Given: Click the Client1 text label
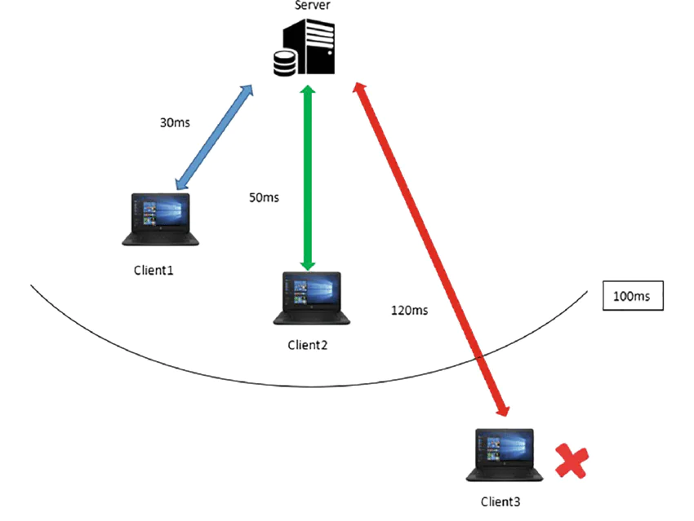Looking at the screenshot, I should tap(153, 269).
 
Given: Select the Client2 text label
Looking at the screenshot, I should tap(308, 344).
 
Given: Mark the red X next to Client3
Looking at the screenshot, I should tap(572, 461).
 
